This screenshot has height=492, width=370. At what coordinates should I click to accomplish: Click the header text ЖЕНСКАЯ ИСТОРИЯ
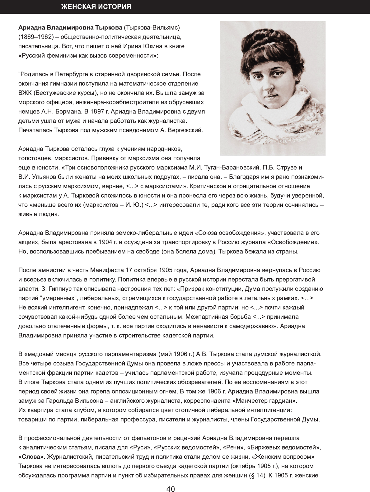(96, 7)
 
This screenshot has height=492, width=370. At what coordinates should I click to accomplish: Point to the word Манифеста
(107, 270)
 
